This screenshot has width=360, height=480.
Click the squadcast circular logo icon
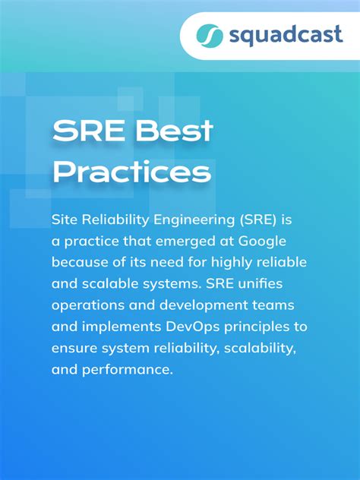tap(207, 35)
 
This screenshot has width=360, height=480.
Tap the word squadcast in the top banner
tap(276, 36)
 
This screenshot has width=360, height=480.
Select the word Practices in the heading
tap(131, 173)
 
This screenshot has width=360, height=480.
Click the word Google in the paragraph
tap(263, 241)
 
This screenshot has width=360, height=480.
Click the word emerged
tap(174, 241)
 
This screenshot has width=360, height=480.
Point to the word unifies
tap(272, 284)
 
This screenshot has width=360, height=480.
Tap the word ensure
tap(73, 349)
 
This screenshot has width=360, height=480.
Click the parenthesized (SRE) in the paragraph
tap(260, 219)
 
